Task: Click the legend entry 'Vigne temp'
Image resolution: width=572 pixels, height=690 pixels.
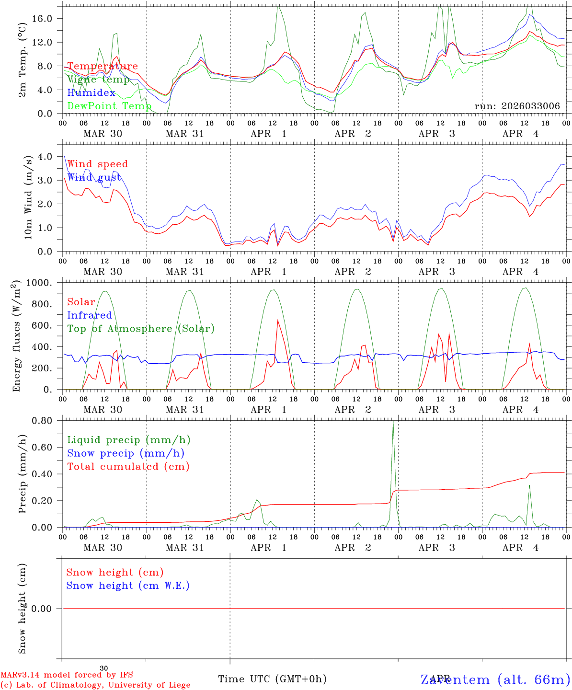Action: tap(98, 80)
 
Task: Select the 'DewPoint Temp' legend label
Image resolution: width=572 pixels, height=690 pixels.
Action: tap(109, 106)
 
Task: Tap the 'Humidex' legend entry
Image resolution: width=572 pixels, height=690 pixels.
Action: tap(91, 92)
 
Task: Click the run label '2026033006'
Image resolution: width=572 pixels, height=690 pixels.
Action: tap(517, 106)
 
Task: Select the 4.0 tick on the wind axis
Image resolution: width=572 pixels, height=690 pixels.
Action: tap(47, 156)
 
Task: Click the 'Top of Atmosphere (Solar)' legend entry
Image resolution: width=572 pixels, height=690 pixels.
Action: tap(141, 329)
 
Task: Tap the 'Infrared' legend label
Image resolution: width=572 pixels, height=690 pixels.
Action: tap(90, 315)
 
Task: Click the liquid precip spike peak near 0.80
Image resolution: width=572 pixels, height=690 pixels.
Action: tap(393, 421)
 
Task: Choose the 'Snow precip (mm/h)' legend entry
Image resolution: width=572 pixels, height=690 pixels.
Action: tap(126, 453)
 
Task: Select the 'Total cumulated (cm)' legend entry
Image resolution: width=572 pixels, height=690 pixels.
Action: tap(128, 467)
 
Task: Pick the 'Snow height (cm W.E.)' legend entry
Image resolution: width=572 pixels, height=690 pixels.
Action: tap(128, 586)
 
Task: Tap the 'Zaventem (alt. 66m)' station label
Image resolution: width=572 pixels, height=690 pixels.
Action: tap(495, 679)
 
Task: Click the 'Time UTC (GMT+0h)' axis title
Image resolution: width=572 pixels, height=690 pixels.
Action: tap(273, 679)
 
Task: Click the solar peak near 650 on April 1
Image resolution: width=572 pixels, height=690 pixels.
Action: tap(277, 320)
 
